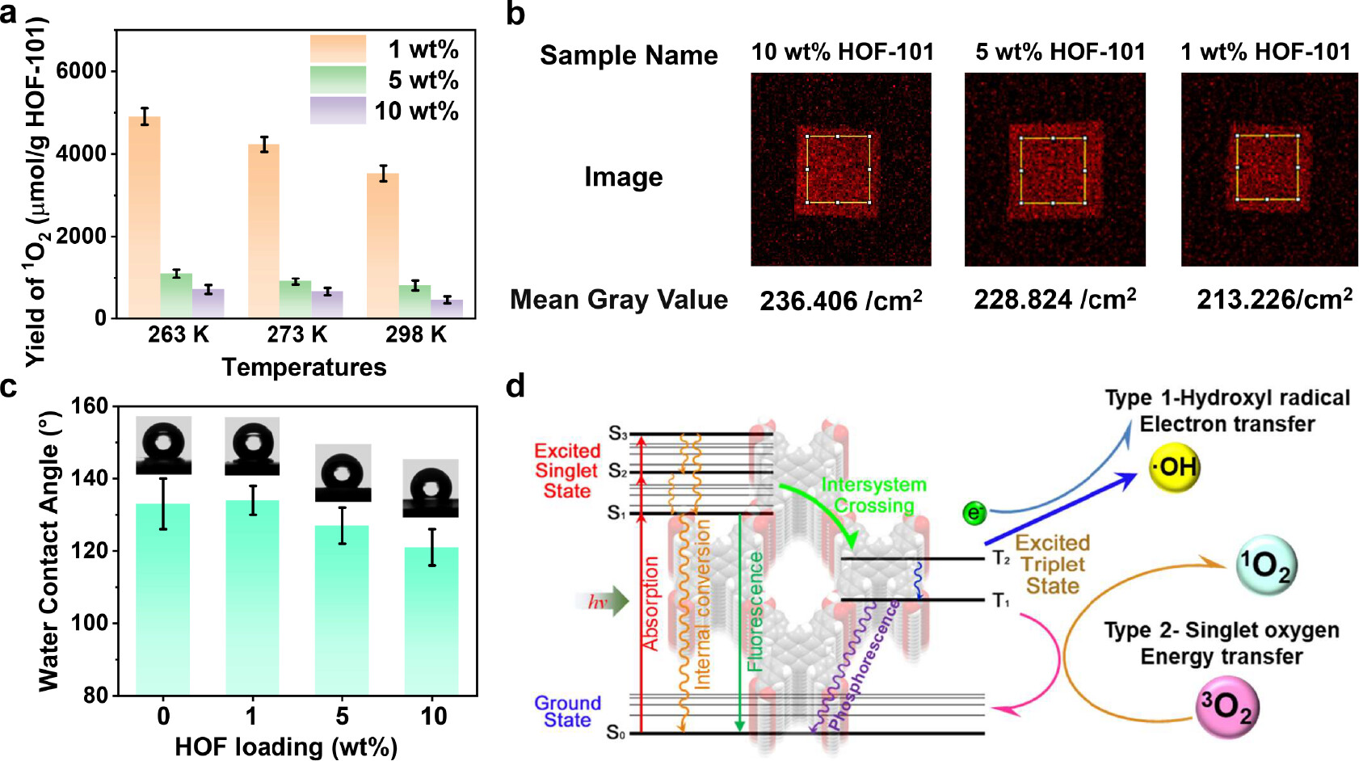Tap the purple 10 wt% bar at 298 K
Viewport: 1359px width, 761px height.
[x=447, y=309]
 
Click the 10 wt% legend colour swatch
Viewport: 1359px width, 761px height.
[x=338, y=111]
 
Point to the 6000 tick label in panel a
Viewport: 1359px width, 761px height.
[x=81, y=71]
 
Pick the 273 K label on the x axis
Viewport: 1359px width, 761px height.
[x=297, y=334]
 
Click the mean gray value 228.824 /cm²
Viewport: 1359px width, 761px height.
[x=1054, y=300]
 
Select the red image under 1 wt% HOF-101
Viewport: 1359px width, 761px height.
[x=1269, y=169]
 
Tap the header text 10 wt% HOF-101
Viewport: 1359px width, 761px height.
[x=842, y=53]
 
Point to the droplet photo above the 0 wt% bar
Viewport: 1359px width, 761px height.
[x=164, y=444]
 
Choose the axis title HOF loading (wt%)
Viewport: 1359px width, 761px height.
[x=286, y=746]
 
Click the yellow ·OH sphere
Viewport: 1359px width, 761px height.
[x=1175, y=467]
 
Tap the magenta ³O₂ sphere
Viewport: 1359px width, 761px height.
[x=1226, y=707]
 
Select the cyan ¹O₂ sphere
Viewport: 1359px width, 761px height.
[x=1265, y=565]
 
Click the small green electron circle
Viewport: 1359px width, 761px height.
[x=974, y=512]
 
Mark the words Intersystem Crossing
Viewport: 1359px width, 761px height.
[x=873, y=494]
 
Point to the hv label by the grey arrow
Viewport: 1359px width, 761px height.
[x=597, y=602]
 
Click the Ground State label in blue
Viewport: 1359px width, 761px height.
[x=567, y=711]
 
